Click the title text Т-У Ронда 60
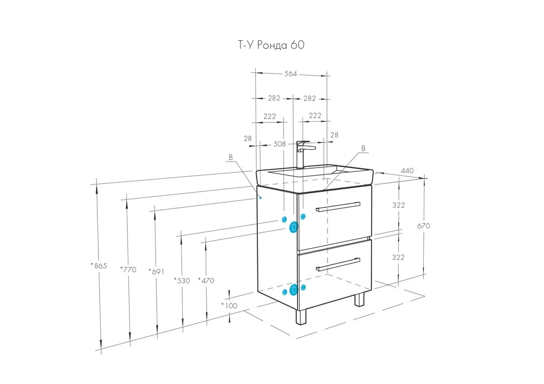pos(270,45)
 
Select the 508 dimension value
pos(280,144)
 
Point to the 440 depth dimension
pos(407,171)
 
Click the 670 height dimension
pos(424,226)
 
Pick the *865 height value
pos(98,266)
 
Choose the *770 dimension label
pos(128,270)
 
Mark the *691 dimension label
pos(157,271)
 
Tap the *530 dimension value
pos(182,281)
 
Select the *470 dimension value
pos(206,281)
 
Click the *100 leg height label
pos(230,305)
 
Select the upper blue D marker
pos(294,226)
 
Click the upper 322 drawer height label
pos(399,205)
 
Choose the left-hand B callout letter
pos(231,157)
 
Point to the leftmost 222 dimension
pos(269,116)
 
